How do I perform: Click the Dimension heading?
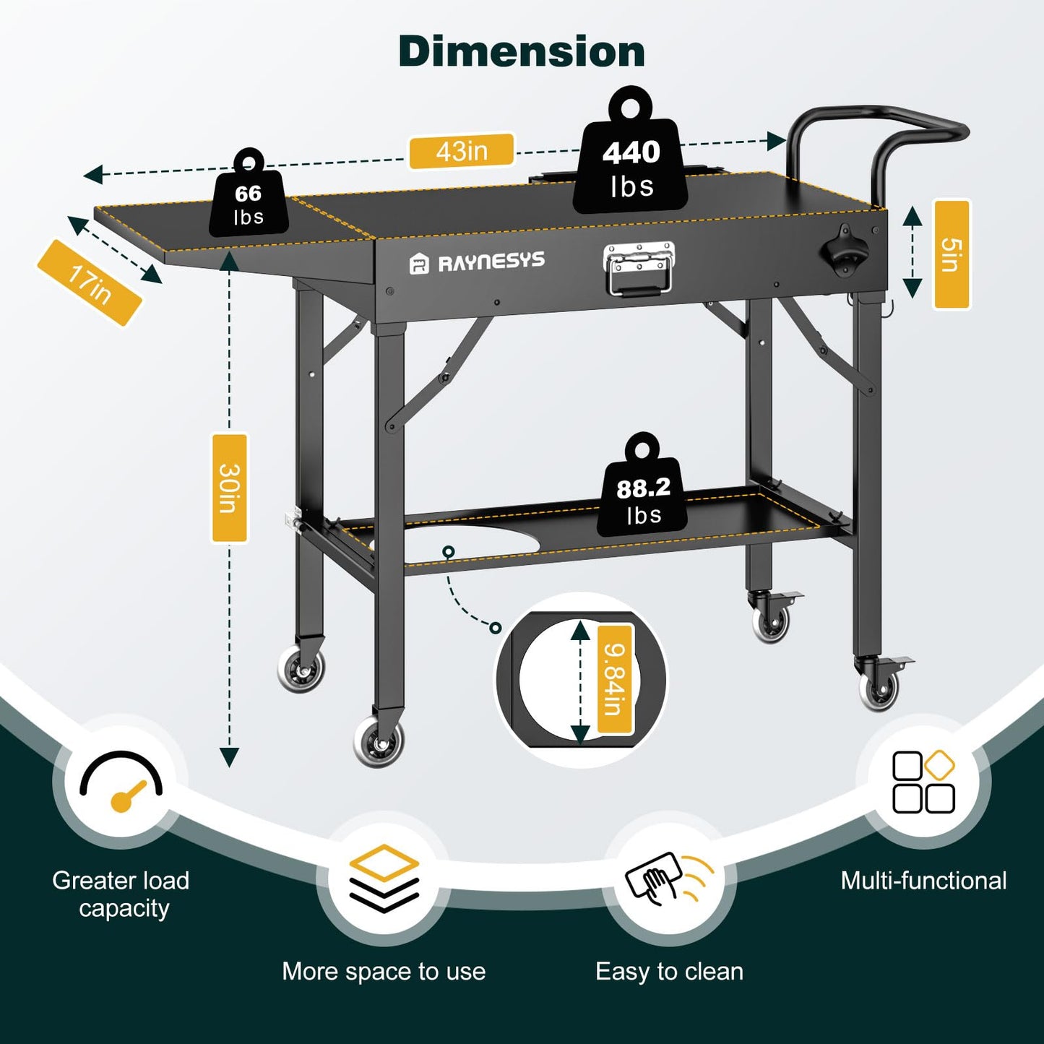pos(521,52)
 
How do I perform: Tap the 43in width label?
pos(462,151)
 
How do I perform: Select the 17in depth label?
pos(89,283)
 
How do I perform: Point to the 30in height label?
pos(229,488)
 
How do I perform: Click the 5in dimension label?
pos(952,254)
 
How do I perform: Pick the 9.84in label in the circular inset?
pos(615,679)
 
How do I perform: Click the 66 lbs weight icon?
pos(249,199)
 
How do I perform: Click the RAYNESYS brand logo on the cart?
pos(478,262)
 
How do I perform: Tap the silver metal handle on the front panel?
pos(639,269)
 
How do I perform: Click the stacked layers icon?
pos(384,878)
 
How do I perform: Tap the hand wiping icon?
pos(668,878)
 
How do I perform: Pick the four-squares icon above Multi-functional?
pos(923,782)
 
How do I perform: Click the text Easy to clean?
pos(669,972)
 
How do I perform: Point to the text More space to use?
pos(384,972)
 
